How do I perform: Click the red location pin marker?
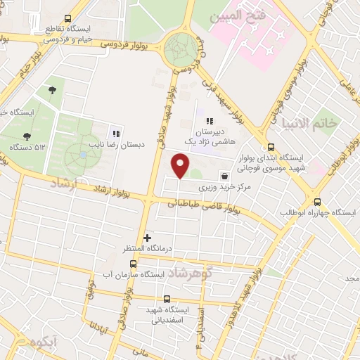pyautogui.click(x=181, y=167)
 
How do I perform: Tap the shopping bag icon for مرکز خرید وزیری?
pyautogui.click(x=224, y=176)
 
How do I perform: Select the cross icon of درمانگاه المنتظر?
pyautogui.click(x=147, y=238)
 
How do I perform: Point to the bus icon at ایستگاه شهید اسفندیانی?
pyautogui.click(x=166, y=298)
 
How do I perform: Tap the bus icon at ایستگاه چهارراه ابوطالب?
pyautogui.click(x=317, y=201)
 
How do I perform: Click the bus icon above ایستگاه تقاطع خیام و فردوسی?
pyautogui.click(x=67, y=19)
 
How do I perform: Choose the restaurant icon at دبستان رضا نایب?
pyautogui.click(x=116, y=134)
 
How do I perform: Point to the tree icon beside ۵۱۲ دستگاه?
pyautogui.click(x=26, y=137)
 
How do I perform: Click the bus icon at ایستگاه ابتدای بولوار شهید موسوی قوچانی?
pyautogui.click(x=271, y=148)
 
